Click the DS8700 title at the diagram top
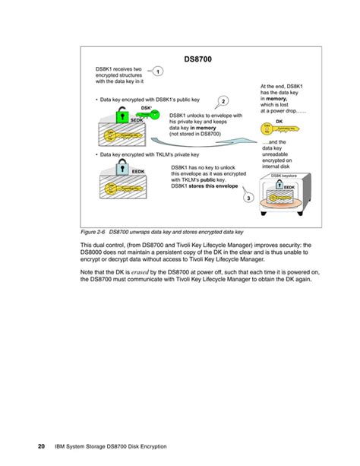pyautogui.click(x=199, y=58)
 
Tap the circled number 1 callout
pyautogui.click(x=157, y=71)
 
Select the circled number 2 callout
pyautogui.click(x=224, y=101)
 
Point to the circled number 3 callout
pyautogui.click(x=248, y=198)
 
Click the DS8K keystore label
pyautogui.click(x=284, y=175)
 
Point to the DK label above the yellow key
pyautogui.click(x=279, y=121)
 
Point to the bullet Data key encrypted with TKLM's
pyautogui.click(x=137, y=154)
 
